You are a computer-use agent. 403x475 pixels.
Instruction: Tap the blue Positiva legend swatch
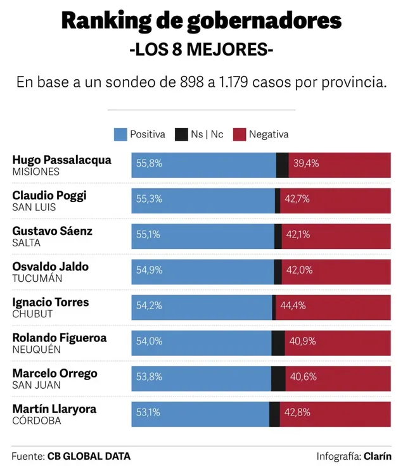pyautogui.click(x=120, y=134)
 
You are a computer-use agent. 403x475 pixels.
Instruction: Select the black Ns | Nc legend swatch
pyautogui.click(x=181, y=134)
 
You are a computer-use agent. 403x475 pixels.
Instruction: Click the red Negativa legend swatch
pyautogui.click(x=240, y=134)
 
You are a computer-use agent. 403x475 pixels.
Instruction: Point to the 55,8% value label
pyautogui.click(x=149, y=163)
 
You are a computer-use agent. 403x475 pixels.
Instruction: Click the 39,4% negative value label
pyautogui.click(x=306, y=163)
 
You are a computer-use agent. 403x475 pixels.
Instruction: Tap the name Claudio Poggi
pyautogui.click(x=49, y=195)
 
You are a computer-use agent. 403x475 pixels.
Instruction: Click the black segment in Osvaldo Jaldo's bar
pyautogui.click(x=278, y=270)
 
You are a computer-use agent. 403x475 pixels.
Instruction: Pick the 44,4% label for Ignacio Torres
pyautogui.click(x=293, y=306)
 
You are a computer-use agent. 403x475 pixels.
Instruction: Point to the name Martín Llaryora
pyautogui.click(x=54, y=408)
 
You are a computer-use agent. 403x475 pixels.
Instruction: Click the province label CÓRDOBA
pyautogui.click(x=37, y=421)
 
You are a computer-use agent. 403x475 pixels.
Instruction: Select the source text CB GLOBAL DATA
pyautogui.click(x=89, y=456)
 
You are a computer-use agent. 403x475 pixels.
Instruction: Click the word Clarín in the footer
pyautogui.click(x=377, y=456)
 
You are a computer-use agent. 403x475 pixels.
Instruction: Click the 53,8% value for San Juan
pyautogui.click(x=149, y=377)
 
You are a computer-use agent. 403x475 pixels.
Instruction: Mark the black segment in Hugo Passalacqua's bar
pyautogui.click(x=283, y=164)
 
